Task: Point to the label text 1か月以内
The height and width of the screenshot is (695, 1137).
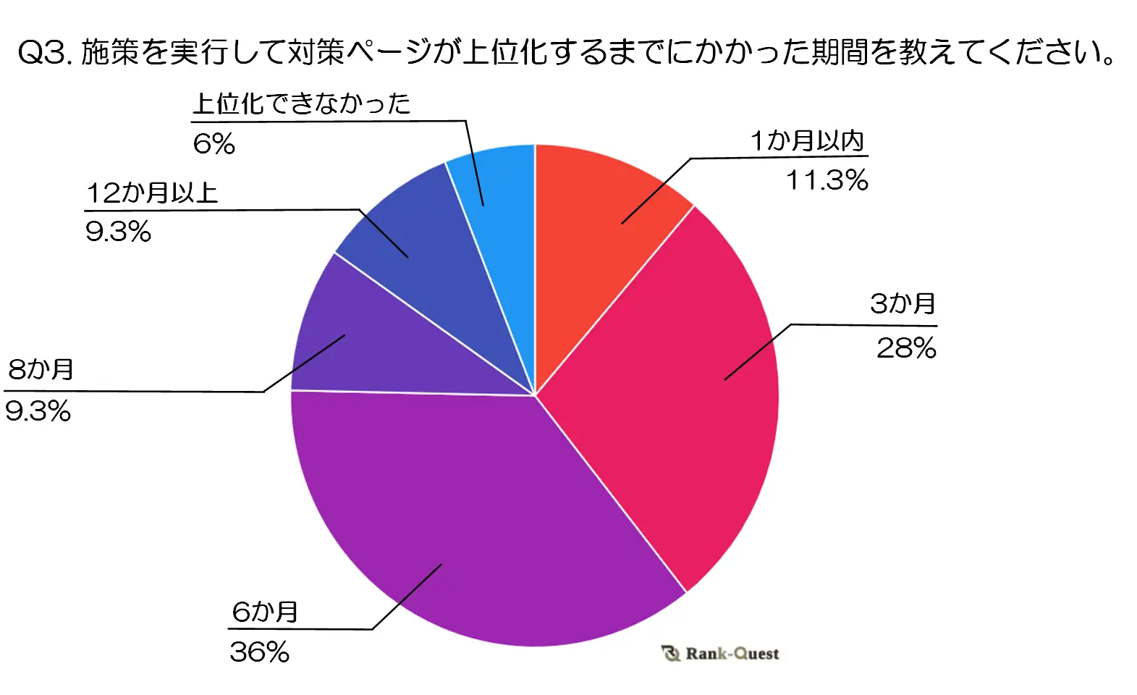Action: [x=807, y=140]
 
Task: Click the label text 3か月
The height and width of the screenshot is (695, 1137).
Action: [x=903, y=304]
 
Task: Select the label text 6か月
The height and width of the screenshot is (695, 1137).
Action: [x=265, y=612]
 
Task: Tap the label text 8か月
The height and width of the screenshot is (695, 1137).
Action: [x=41, y=369]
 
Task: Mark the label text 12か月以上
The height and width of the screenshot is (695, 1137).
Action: [x=152, y=193]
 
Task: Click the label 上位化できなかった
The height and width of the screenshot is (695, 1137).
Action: [x=301, y=104]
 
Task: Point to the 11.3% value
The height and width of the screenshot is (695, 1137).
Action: [x=827, y=180]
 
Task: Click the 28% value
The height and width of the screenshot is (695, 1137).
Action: [x=906, y=348]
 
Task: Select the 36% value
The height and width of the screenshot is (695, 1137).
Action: [x=259, y=652]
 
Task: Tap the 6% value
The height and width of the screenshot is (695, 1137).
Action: [x=214, y=143]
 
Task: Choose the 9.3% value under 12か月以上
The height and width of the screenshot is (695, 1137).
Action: [x=118, y=232]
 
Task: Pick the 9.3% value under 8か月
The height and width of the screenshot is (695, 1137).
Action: [x=38, y=411]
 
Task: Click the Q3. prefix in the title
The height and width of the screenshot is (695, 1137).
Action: [x=43, y=52]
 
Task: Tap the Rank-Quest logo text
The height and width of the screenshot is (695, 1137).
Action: [x=732, y=654]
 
